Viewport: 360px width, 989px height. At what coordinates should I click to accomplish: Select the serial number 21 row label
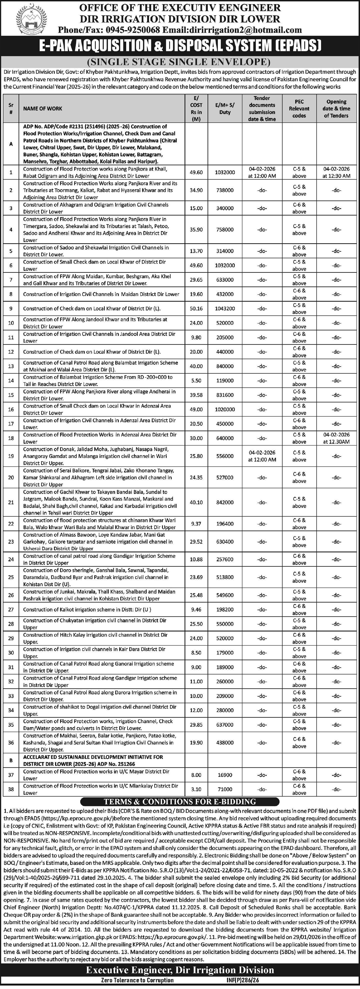[11, 502]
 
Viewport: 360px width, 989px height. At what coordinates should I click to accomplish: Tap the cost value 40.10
[196, 502]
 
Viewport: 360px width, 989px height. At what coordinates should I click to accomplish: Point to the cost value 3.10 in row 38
[196, 789]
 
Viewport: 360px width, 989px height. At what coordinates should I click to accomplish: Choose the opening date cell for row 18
[336, 438]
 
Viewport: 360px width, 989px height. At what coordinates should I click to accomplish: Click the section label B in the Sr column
[11, 761]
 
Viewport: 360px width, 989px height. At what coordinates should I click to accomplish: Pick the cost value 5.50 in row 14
[196, 381]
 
